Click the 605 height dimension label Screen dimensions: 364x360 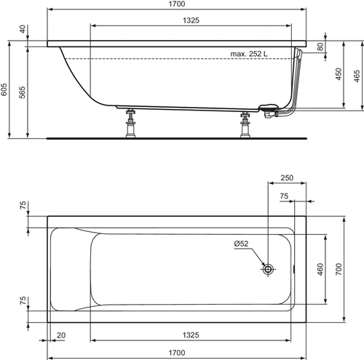click(x=4, y=89)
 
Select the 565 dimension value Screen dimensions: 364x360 click(x=22, y=92)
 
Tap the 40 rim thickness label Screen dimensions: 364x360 click(x=23, y=29)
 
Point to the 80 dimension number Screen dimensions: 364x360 click(x=320, y=47)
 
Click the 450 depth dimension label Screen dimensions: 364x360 click(x=339, y=74)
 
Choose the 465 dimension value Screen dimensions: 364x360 click(x=357, y=76)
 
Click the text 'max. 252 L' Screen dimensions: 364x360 click(x=249, y=54)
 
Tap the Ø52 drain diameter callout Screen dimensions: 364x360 click(x=241, y=244)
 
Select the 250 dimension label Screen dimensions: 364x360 click(x=287, y=177)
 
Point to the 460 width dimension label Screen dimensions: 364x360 click(x=320, y=269)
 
